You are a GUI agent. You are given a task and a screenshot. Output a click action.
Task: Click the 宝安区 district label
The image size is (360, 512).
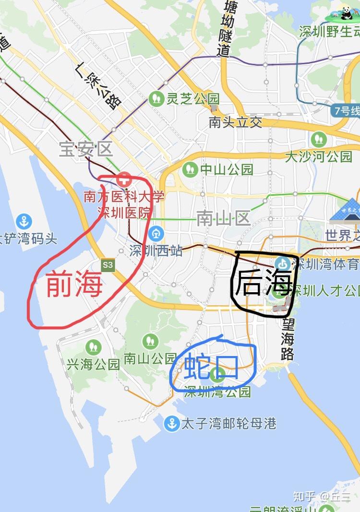coord(86,149)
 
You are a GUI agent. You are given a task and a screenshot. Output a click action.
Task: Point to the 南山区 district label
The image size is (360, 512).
coord(224,219)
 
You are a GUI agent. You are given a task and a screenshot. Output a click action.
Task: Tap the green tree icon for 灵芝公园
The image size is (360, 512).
coord(156,99)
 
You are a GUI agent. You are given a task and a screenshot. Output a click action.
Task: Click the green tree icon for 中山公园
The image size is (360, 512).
coord(191,169)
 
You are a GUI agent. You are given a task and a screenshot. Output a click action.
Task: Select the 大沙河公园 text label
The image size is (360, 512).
coord(318,156)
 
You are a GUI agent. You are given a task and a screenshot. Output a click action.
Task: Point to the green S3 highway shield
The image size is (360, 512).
coord(108,264)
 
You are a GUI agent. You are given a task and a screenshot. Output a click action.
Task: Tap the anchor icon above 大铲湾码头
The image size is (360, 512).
coord(24,221)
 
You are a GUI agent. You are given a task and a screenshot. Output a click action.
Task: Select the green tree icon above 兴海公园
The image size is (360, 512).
coord(93,347)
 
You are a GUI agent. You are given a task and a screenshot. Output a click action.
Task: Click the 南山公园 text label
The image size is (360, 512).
coord(150,358)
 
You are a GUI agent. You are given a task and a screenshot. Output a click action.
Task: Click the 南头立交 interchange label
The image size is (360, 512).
coord(236,122)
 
